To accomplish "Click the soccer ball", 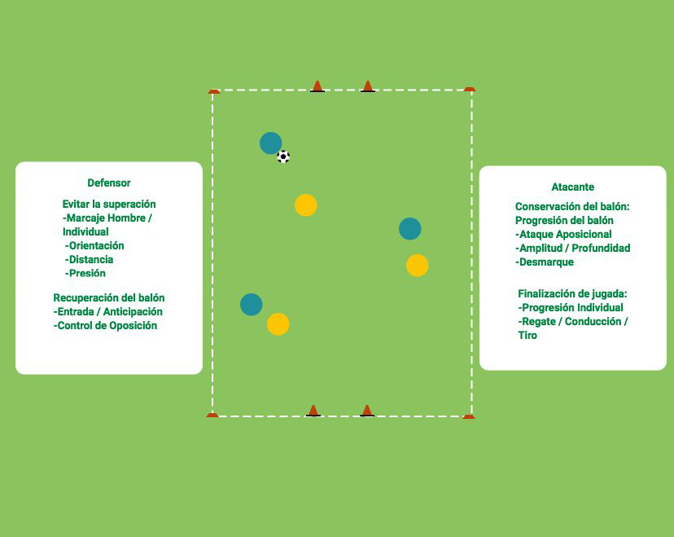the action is tap(283, 156).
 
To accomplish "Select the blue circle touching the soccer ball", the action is tap(271, 143).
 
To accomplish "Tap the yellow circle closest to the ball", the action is tap(306, 205).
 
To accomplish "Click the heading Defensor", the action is tap(109, 183).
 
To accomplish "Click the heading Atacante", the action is tap(573, 187).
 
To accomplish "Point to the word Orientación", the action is tap(97, 246).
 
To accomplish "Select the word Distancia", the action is tap(91, 259).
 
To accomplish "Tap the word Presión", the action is tap(87, 273).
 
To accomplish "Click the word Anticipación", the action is tap(133, 312).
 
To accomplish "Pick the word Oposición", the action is tap(133, 326).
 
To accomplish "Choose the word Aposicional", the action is tap(584, 235).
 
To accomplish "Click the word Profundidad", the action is tap(601, 249).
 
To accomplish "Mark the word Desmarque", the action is tap(547, 262).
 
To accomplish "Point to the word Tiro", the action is tap(527, 335).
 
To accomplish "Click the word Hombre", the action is tap(125, 218).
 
